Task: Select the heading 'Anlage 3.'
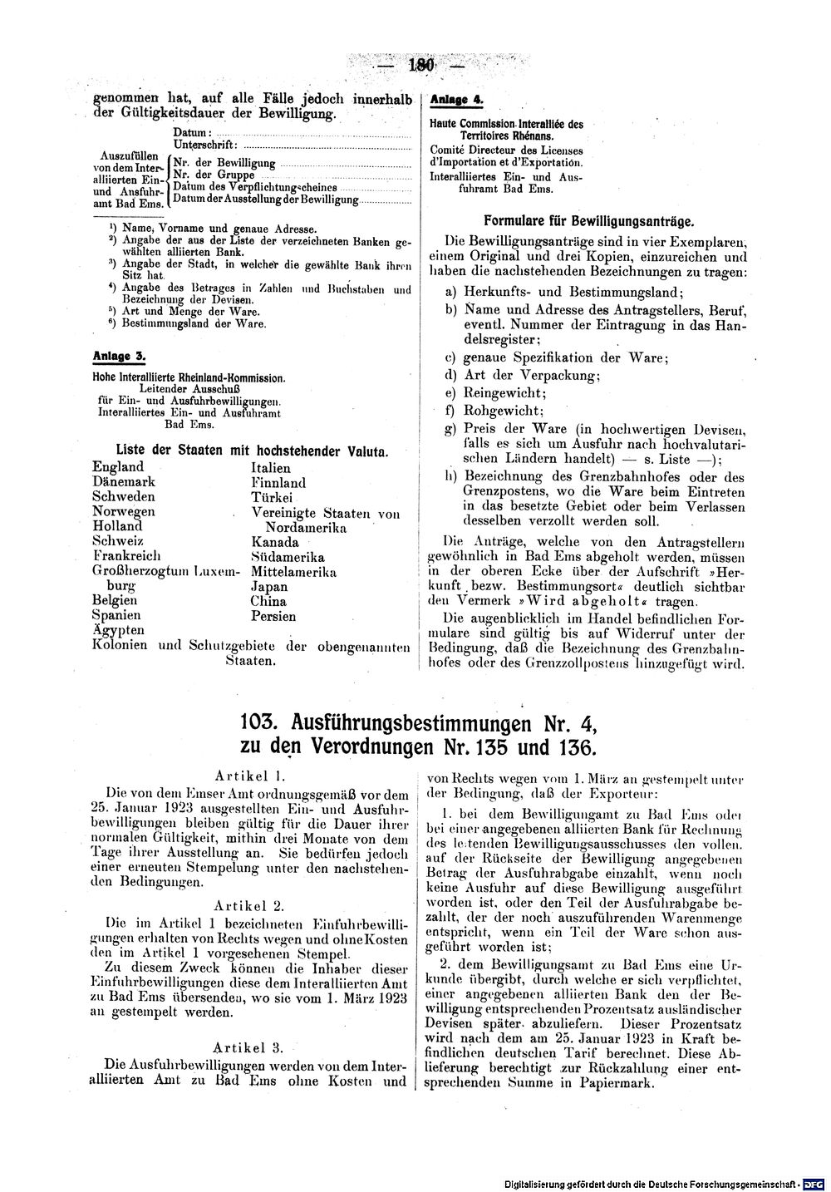pyautogui.click(x=119, y=356)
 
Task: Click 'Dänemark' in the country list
pyautogui.click(x=124, y=481)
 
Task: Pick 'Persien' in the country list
pyautogui.click(x=273, y=617)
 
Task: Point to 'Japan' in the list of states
pyautogui.click(x=268, y=587)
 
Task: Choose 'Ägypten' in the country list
pyautogui.click(x=118, y=631)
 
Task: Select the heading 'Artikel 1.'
pyautogui.click(x=250, y=775)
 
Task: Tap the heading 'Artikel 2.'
pyautogui.click(x=250, y=904)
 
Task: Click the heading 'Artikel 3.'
pyautogui.click(x=250, y=1047)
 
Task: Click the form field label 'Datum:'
pyautogui.click(x=193, y=133)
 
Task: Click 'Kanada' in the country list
pyautogui.click(x=274, y=542)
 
